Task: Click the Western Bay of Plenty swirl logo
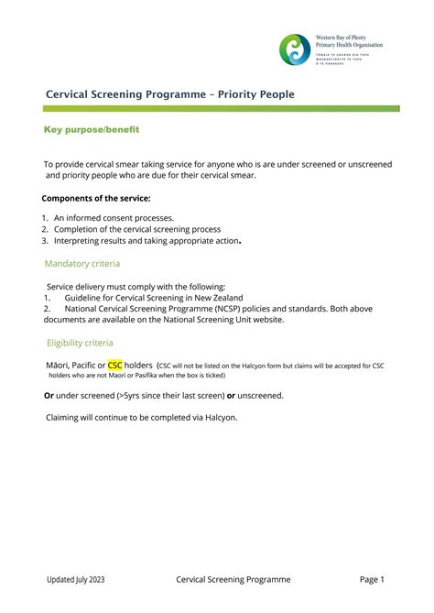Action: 295,49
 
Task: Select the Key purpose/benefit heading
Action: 92,130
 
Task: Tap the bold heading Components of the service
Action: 96,198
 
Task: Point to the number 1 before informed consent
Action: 44,218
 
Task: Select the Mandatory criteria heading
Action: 82,264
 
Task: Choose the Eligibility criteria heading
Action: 81,343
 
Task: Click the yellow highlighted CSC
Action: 115,365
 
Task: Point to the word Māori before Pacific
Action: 58,365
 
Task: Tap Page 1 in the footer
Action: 372,579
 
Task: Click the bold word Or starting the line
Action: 49,395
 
